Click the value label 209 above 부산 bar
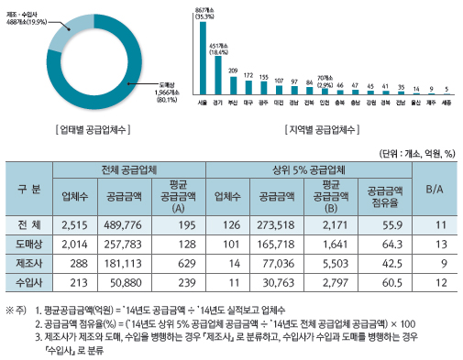pos(233,71)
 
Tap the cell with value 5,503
pos(326,264)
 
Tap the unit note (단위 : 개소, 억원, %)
pos(415,153)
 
